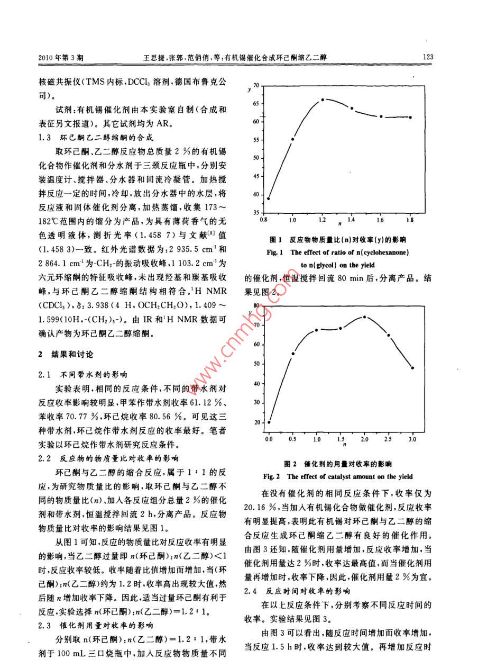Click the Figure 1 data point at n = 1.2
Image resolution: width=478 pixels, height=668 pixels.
(322, 99)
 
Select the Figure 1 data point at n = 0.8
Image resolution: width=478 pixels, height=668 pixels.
(269, 198)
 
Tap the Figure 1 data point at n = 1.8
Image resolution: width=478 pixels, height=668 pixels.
(411, 118)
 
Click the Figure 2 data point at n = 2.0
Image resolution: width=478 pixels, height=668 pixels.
(364, 317)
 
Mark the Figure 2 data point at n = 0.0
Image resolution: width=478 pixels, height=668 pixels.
(269, 422)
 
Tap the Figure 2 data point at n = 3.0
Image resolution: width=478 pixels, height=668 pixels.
(412, 368)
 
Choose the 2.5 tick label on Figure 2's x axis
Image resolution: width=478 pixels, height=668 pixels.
(388, 440)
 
